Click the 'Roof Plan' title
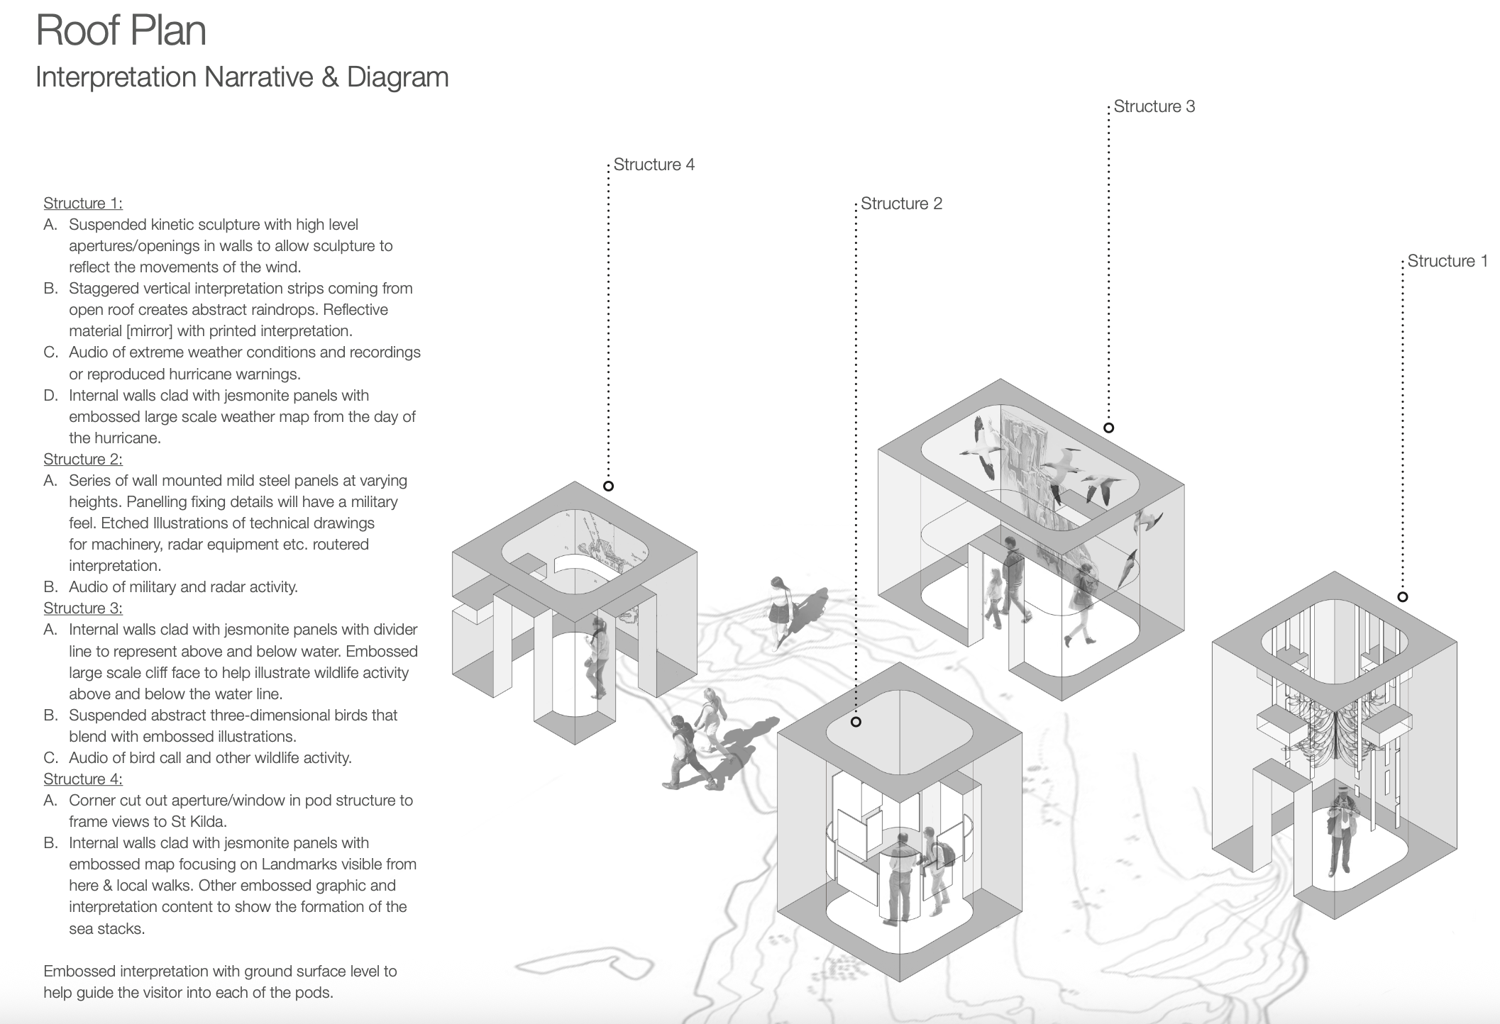121,30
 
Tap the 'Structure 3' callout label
1154,106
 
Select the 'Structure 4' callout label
654,165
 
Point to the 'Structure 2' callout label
901,204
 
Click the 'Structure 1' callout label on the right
1447,261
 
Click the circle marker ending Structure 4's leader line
608,486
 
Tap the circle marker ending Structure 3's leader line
1108,428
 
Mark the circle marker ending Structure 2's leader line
856,722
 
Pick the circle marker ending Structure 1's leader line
1402,597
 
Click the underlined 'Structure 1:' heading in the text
83,204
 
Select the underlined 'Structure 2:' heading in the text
83,459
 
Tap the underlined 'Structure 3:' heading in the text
83,608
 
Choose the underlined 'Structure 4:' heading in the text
83,779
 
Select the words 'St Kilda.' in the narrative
198,821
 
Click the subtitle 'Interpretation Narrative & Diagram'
242,77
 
